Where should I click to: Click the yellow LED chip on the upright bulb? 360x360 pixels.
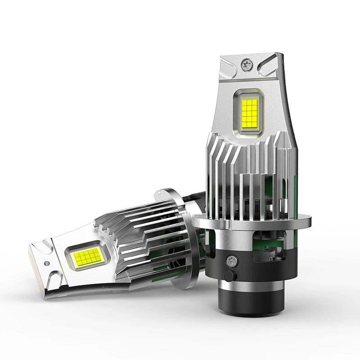coord(249,112)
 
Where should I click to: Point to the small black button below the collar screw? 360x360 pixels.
coord(230,276)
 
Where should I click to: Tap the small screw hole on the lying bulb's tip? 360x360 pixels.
coord(46,262)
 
